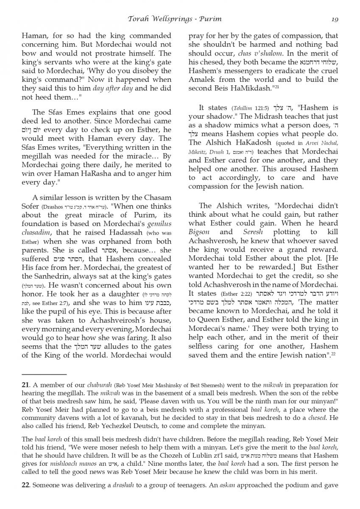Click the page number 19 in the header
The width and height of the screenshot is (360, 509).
coord(335,19)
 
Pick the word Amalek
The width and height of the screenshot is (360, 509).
coord(203,80)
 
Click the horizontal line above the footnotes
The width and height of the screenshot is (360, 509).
coord(44,375)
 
